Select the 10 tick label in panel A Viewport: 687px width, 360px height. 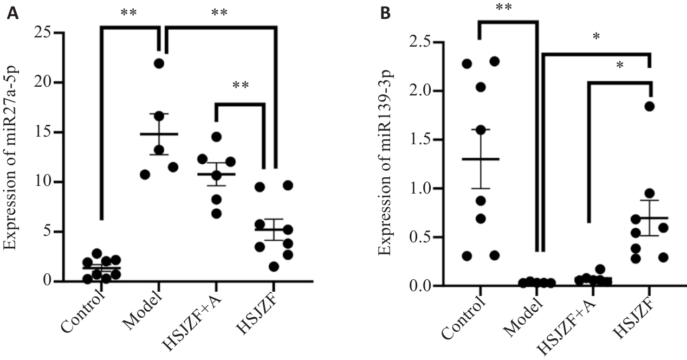44,182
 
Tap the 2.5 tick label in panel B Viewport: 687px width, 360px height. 422,42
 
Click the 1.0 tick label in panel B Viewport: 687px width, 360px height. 422,189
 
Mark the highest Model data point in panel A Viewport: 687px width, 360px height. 159,63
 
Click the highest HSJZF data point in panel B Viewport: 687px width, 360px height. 650,106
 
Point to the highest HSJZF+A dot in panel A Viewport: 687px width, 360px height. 216,136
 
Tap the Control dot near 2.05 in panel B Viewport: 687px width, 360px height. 481,87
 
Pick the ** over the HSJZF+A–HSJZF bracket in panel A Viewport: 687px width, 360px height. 241,85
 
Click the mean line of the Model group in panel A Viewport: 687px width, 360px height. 159,134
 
